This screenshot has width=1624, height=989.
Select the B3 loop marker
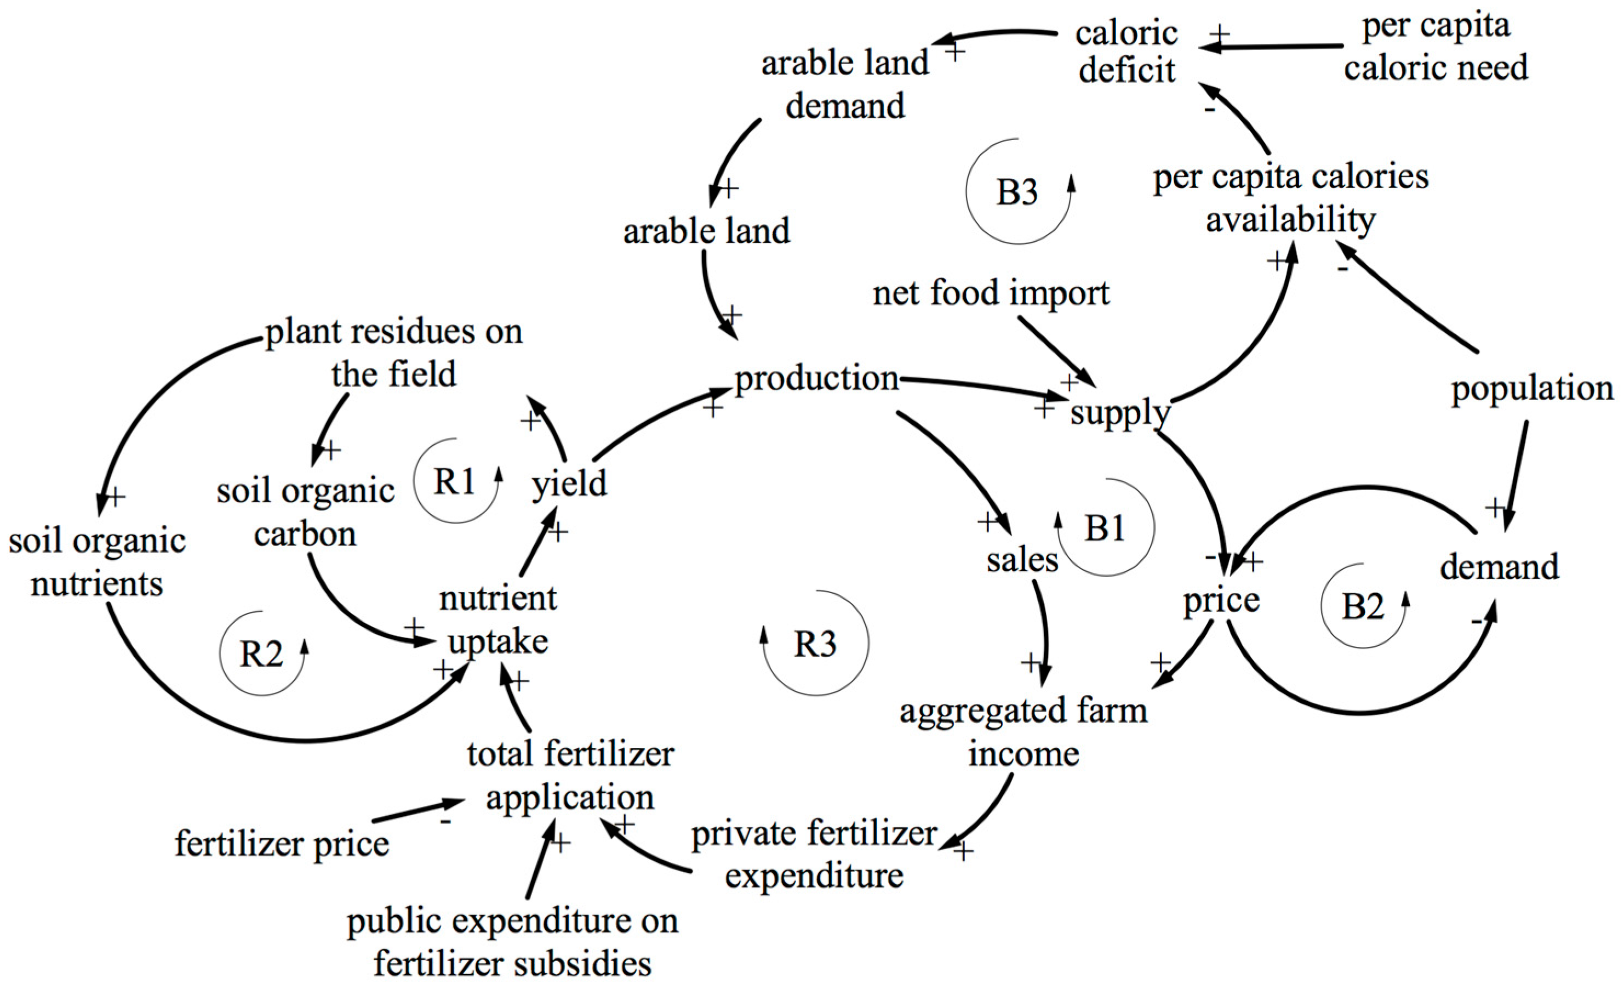click(x=1017, y=192)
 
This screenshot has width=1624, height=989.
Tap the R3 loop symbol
click(x=815, y=644)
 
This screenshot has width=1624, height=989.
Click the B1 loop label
click(x=1105, y=527)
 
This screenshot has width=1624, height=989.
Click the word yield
click(x=569, y=484)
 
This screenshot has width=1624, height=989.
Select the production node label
click(x=816, y=378)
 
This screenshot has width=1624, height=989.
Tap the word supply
click(x=1120, y=413)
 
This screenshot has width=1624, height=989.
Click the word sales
click(x=1022, y=560)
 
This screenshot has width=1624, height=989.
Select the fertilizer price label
click(x=282, y=843)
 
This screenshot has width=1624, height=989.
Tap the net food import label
click(x=991, y=293)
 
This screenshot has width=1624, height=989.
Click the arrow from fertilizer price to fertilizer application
click(x=419, y=810)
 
